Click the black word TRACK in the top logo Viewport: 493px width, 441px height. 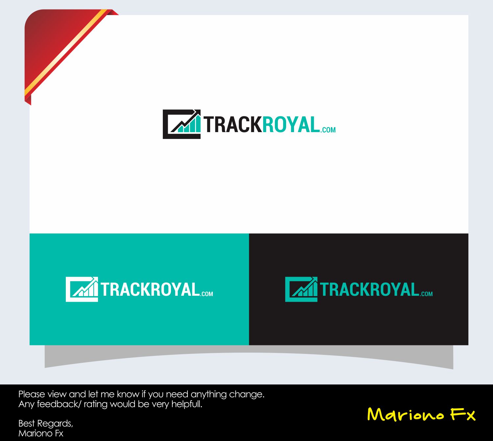pos(233,125)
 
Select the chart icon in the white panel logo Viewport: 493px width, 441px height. pos(182,124)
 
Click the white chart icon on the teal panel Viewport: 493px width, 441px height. pos(82,289)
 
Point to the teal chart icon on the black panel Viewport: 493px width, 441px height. pos(301,289)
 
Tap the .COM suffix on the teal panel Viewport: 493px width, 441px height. pos(207,294)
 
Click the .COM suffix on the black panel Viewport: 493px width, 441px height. pos(426,294)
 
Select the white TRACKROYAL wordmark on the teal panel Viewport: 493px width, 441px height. pos(150,290)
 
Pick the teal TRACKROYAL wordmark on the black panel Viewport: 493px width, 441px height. pos(369,290)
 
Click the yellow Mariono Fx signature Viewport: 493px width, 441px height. pos(421,414)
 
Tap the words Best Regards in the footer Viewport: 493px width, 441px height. pos(45,423)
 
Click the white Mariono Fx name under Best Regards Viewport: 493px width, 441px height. pos(41,433)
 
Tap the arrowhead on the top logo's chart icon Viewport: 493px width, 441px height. pos(197,112)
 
